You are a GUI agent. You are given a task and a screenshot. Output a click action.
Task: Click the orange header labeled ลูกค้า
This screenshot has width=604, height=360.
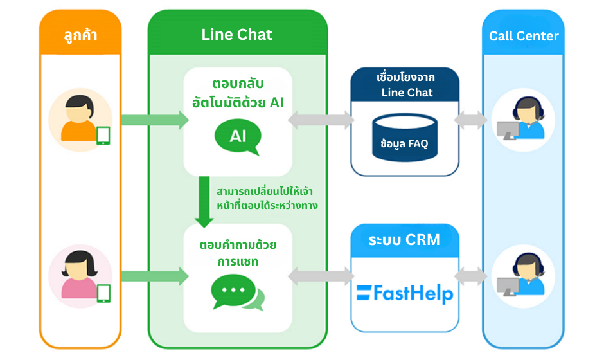point(80,35)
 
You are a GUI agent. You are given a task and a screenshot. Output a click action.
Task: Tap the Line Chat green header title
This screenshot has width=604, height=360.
point(237,35)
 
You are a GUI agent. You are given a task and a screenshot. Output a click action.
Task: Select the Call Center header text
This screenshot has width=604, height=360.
point(524,36)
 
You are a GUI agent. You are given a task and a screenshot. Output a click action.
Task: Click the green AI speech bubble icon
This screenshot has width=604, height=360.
point(238,137)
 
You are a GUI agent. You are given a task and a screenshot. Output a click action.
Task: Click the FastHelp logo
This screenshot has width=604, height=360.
point(405,294)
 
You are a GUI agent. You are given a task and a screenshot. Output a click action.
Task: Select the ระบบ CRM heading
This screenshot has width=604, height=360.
point(405,240)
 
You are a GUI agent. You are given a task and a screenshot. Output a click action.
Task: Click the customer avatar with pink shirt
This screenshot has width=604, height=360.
point(77,273)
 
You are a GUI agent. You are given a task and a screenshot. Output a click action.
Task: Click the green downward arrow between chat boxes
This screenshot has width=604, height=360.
point(204,202)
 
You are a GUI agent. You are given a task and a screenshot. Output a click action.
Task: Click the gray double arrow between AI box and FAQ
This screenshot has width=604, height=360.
point(321,120)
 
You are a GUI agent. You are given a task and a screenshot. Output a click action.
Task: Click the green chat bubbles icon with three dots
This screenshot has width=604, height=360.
point(237,294)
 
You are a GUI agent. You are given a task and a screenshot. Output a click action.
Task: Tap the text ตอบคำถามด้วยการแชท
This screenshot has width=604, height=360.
point(238,254)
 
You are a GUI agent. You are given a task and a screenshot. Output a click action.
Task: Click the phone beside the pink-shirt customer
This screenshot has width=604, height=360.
point(103,292)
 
